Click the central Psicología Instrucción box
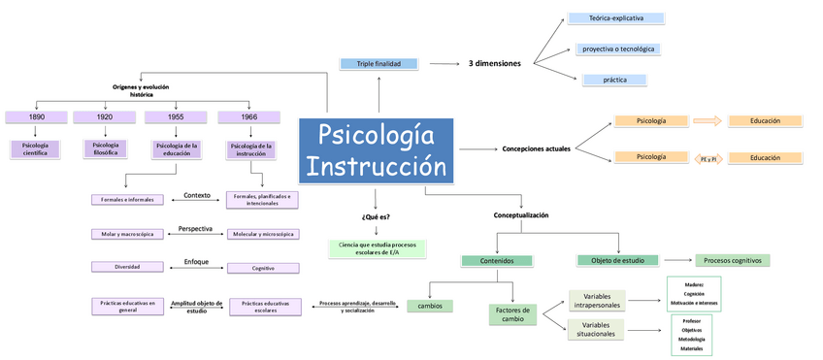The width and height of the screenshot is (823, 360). pos(375,149)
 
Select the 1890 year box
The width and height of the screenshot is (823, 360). pos(36,117)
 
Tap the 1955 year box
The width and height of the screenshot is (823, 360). pos(176,117)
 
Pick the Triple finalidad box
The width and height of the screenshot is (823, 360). pos(379,64)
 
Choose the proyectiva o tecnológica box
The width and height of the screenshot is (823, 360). pos(622,49)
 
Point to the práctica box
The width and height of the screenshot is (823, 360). pos(615,80)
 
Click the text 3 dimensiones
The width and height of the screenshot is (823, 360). pos(494,64)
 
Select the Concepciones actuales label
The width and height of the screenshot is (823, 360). pos(536,148)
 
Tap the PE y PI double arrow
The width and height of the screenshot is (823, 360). pos(708,158)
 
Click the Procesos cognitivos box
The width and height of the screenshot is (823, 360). pos(732,260)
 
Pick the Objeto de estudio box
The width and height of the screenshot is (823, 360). pos(617,260)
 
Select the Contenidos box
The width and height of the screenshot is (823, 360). pos(496,261)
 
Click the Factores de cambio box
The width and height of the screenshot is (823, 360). pos(511,314)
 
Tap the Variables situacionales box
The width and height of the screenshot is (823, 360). pos(596,329)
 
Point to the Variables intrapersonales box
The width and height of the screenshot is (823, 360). pos(596,300)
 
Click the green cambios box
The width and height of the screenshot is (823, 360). pos(429,306)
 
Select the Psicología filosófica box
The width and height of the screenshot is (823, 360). pos(106,148)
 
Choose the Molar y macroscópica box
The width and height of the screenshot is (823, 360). pos(128,234)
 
